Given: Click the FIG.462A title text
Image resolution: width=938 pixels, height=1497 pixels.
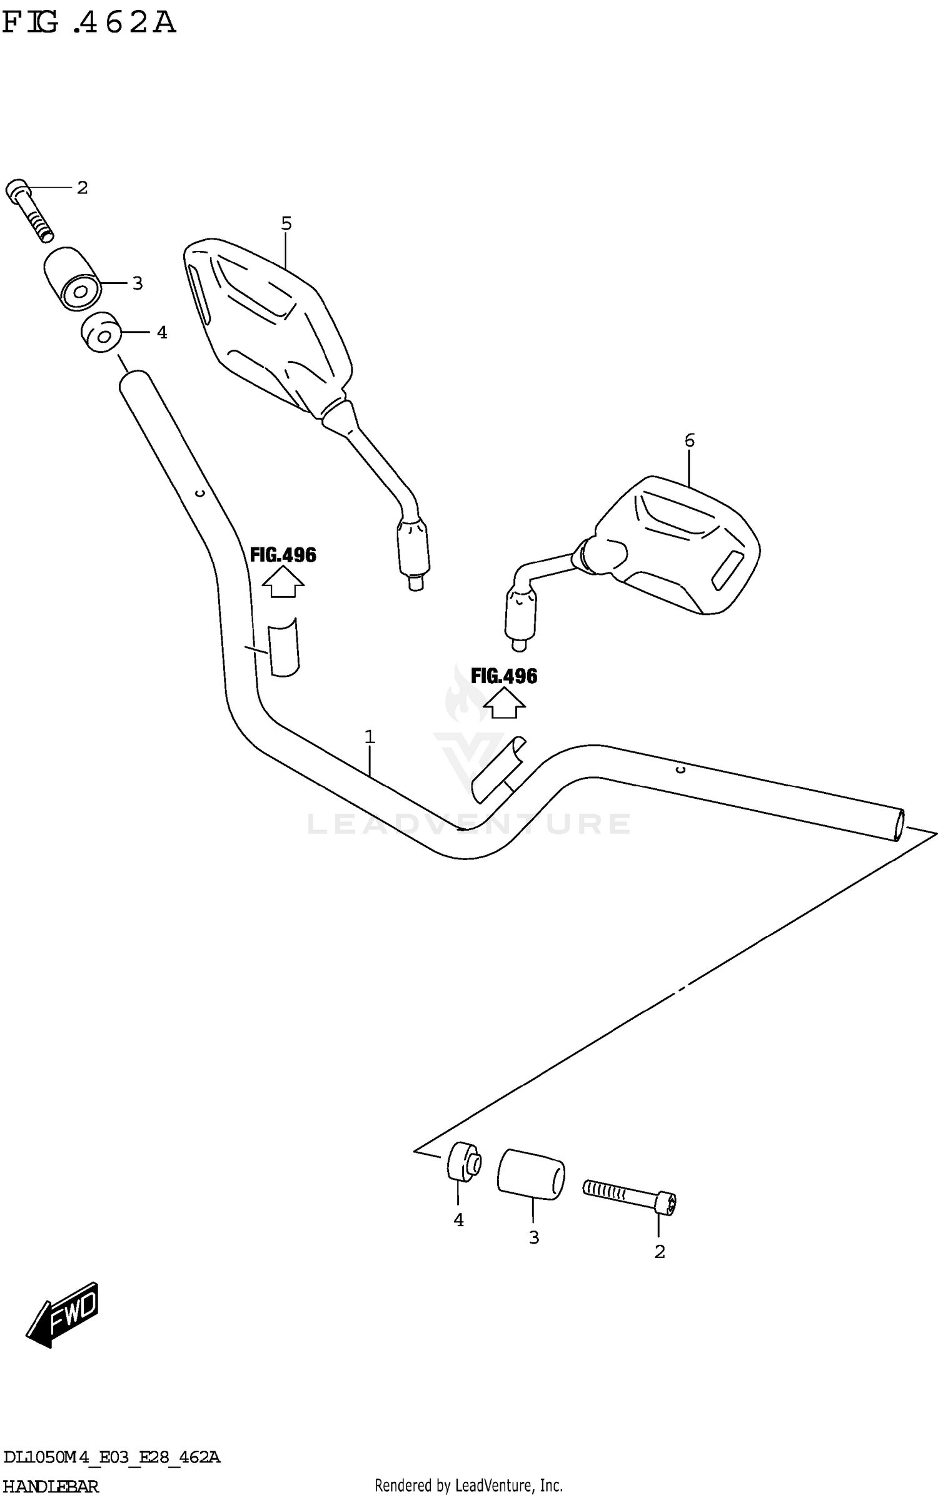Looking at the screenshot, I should tap(89, 23).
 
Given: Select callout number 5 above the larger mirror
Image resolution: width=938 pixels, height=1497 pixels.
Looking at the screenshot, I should tap(286, 223).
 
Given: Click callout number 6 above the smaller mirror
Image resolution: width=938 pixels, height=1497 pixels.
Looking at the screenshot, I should tap(689, 440).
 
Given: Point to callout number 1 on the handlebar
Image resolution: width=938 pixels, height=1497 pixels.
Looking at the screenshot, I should tap(370, 737).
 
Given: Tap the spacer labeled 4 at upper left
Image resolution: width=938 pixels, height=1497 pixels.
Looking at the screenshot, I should tap(100, 332).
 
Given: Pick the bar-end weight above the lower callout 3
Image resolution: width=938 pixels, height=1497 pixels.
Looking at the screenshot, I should tap(530, 1174).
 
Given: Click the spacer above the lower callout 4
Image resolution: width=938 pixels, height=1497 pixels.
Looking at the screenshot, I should tap(463, 1162).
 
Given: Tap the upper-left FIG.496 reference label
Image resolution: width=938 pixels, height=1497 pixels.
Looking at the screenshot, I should tap(283, 555).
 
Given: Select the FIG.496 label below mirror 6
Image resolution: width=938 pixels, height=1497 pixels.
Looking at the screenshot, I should tap(503, 676).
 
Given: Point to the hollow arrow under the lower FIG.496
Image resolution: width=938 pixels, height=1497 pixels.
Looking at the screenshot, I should tap(504, 703).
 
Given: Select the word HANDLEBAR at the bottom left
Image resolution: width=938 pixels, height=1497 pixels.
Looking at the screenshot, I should tap(51, 1486).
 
